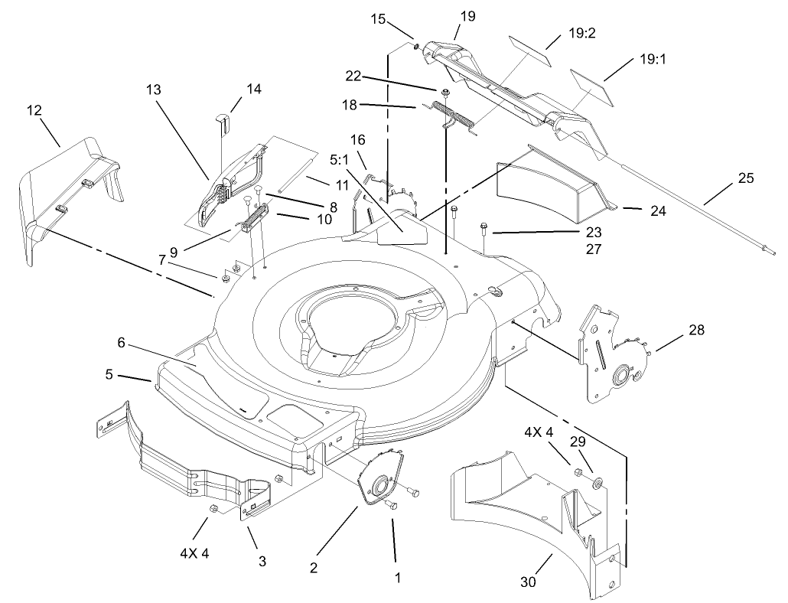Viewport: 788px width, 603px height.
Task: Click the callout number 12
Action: click(34, 111)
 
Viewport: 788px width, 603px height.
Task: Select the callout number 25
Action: click(747, 178)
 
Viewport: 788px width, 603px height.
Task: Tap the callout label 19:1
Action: click(652, 58)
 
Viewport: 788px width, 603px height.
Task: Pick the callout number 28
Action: click(696, 331)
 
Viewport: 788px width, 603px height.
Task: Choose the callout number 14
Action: click(253, 89)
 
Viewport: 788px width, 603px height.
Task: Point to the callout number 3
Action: click(262, 561)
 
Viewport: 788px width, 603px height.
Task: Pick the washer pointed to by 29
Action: click(597, 483)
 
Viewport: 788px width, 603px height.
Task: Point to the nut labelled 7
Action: click(226, 278)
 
